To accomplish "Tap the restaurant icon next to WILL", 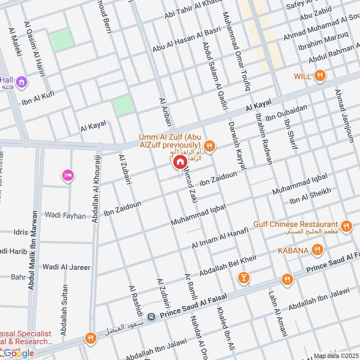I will (319, 76).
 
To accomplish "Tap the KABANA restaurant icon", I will (318, 250).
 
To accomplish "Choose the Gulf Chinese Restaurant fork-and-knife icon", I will (346, 226).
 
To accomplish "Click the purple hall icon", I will (21, 82).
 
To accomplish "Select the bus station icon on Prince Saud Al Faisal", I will (153, 316).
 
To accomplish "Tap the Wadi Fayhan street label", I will (65, 216).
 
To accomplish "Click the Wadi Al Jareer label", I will (66, 267).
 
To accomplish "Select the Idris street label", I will (20, 233).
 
